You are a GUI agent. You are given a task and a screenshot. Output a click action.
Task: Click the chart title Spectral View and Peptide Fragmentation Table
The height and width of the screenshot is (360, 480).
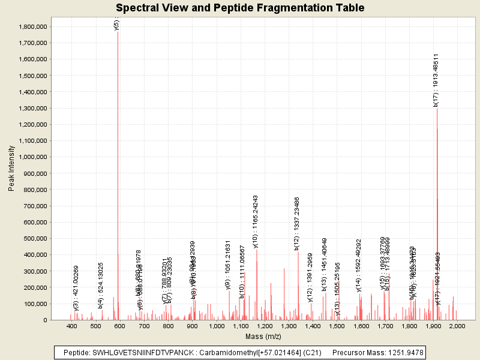[240, 8]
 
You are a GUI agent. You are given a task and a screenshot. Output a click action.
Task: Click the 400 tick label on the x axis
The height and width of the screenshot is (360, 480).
[72, 326]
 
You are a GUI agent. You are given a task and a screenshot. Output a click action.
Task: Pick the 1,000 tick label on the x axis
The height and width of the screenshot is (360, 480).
[216, 326]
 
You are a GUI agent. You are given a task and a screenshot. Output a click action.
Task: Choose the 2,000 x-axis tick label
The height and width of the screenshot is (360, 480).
[457, 326]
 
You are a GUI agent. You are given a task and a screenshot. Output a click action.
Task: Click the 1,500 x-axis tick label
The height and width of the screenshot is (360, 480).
[337, 326]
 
